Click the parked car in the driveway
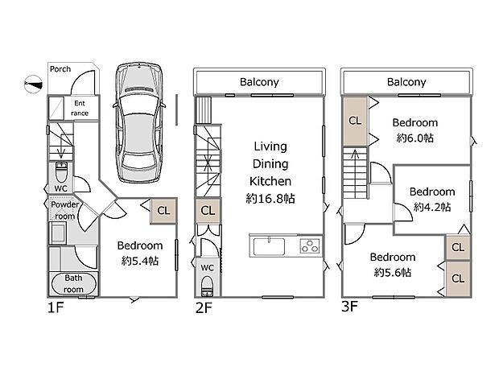click(x=139, y=122)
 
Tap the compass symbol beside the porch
click(x=34, y=84)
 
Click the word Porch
click(x=60, y=69)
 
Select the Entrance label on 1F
click(x=80, y=108)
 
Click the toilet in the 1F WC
click(x=61, y=172)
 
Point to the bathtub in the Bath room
click(x=73, y=284)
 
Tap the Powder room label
click(x=65, y=210)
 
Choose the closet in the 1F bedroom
click(x=163, y=211)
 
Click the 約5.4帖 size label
click(x=140, y=262)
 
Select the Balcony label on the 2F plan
click(x=259, y=82)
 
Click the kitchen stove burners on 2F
click(x=310, y=246)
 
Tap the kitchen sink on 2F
click(x=269, y=246)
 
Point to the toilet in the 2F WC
click(x=207, y=286)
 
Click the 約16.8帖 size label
click(x=270, y=199)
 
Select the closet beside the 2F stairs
click(x=208, y=211)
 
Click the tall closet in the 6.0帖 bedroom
click(x=355, y=121)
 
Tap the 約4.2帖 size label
click(x=432, y=208)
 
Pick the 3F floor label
click(x=349, y=307)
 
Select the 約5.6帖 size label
click(x=393, y=273)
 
